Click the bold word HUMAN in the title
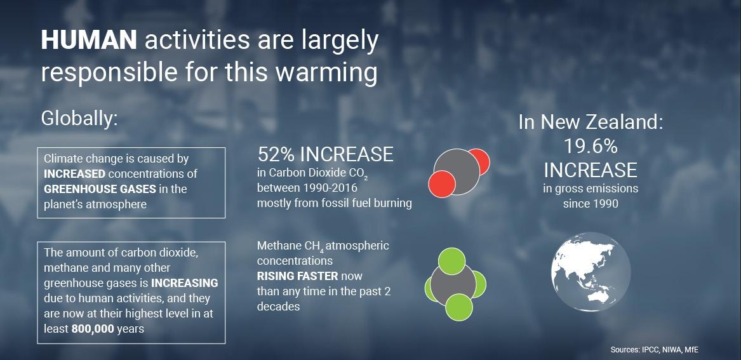89,41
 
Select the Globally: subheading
79,119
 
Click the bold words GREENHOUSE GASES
100,189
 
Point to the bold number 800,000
93,329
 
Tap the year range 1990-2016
330,188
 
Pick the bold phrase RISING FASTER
297,276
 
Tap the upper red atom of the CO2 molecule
478,161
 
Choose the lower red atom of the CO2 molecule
442,184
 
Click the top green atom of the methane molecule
452,262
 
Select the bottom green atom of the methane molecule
459,307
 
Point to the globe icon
591,272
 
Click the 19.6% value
591,147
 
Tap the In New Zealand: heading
591,123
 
